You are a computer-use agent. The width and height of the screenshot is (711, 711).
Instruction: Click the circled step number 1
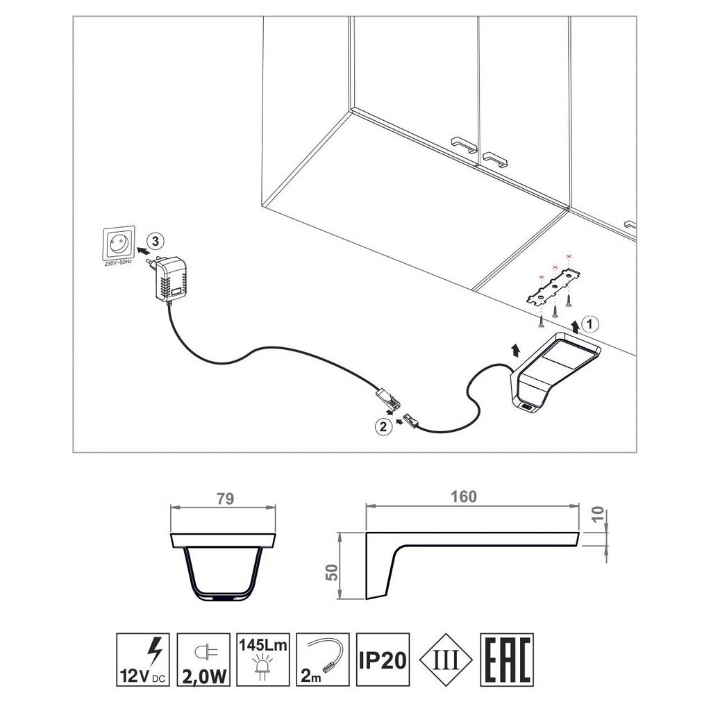589,323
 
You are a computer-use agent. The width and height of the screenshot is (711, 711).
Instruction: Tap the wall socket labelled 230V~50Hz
119,244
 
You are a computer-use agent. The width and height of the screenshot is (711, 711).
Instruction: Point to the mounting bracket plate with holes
554,288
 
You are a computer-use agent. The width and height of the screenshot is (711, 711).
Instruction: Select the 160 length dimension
463,496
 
